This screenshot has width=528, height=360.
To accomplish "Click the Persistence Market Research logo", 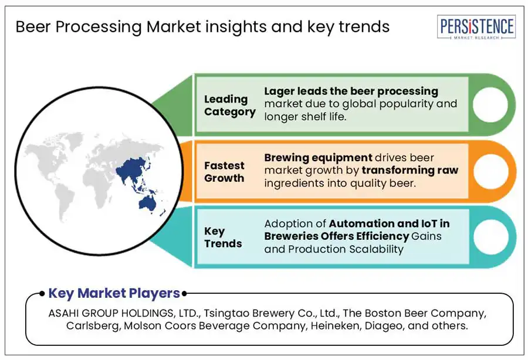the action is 476,27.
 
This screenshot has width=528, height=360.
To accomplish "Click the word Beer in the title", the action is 33,27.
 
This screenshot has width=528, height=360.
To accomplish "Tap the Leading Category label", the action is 229,106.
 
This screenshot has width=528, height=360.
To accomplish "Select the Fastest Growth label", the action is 224,172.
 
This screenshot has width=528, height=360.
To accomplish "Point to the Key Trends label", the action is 223,237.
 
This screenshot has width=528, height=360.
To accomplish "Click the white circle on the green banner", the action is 490,104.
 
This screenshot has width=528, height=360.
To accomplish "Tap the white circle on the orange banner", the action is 490,171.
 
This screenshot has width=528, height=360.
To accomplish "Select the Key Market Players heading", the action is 114,293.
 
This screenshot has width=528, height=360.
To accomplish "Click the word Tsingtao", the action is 226,313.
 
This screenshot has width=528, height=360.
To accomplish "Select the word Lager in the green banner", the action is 276,91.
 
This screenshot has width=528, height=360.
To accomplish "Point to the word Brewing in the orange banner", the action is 286,158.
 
